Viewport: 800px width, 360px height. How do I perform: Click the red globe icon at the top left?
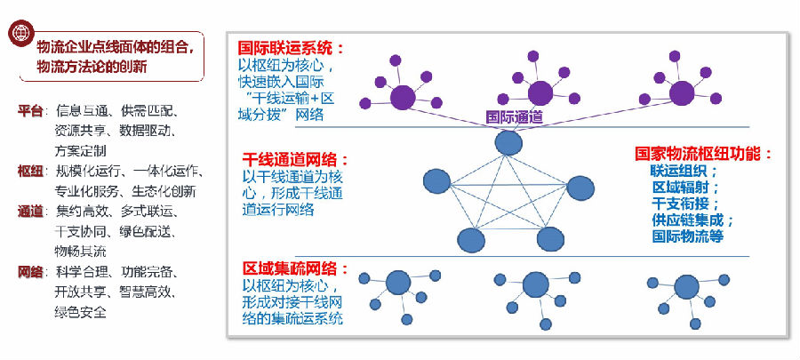(20, 34)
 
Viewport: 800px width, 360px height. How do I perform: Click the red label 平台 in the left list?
(29, 111)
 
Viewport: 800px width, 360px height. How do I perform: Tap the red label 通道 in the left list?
(29, 212)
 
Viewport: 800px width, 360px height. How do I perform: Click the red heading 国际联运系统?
(290, 48)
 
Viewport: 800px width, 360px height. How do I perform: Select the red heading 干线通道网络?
(296, 161)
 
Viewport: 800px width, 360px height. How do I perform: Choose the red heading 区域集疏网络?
(296, 268)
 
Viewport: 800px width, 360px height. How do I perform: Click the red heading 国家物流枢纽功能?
(704, 153)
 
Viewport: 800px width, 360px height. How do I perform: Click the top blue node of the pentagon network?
(508, 142)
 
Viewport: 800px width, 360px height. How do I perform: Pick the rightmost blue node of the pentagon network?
(580, 188)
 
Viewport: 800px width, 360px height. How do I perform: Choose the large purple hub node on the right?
(681, 92)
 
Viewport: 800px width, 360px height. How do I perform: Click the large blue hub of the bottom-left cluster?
(397, 284)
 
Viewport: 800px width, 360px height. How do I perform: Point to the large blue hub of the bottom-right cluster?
(686, 287)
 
